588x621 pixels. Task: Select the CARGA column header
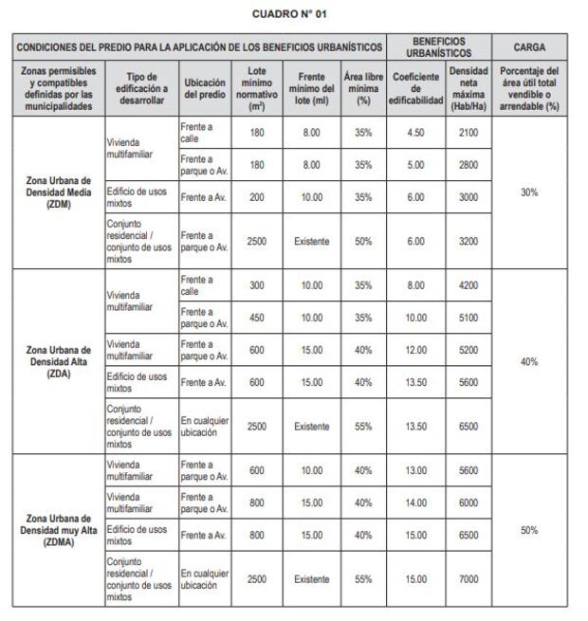(x=529, y=46)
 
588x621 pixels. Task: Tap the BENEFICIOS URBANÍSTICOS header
(x=438, y=46)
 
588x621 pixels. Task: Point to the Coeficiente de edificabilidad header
(x=415, y=87)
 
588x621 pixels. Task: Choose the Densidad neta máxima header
(x=469, y=87)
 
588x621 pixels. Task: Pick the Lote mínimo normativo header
(x=256, y=87)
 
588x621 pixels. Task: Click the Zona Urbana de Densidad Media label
(x=59, y=192)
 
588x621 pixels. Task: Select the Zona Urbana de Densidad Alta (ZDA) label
(x=59, y=361)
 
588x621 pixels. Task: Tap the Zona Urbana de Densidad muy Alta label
(x=59, y=530)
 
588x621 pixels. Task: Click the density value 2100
(x=469, y=132)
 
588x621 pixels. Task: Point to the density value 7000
(x=469, y=578)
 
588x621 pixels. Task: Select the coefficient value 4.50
(x=415, y=132)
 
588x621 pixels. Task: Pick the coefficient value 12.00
(x=415, y=349)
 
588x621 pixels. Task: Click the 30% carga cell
(x=529, y=192)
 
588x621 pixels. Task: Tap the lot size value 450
(x=256, y=317)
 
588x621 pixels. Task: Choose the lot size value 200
(x=256, y=196)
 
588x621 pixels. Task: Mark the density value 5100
(x=469, y=317)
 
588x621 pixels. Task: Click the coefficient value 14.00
(x=415, y=502)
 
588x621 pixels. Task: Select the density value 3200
(x=469, y=241)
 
